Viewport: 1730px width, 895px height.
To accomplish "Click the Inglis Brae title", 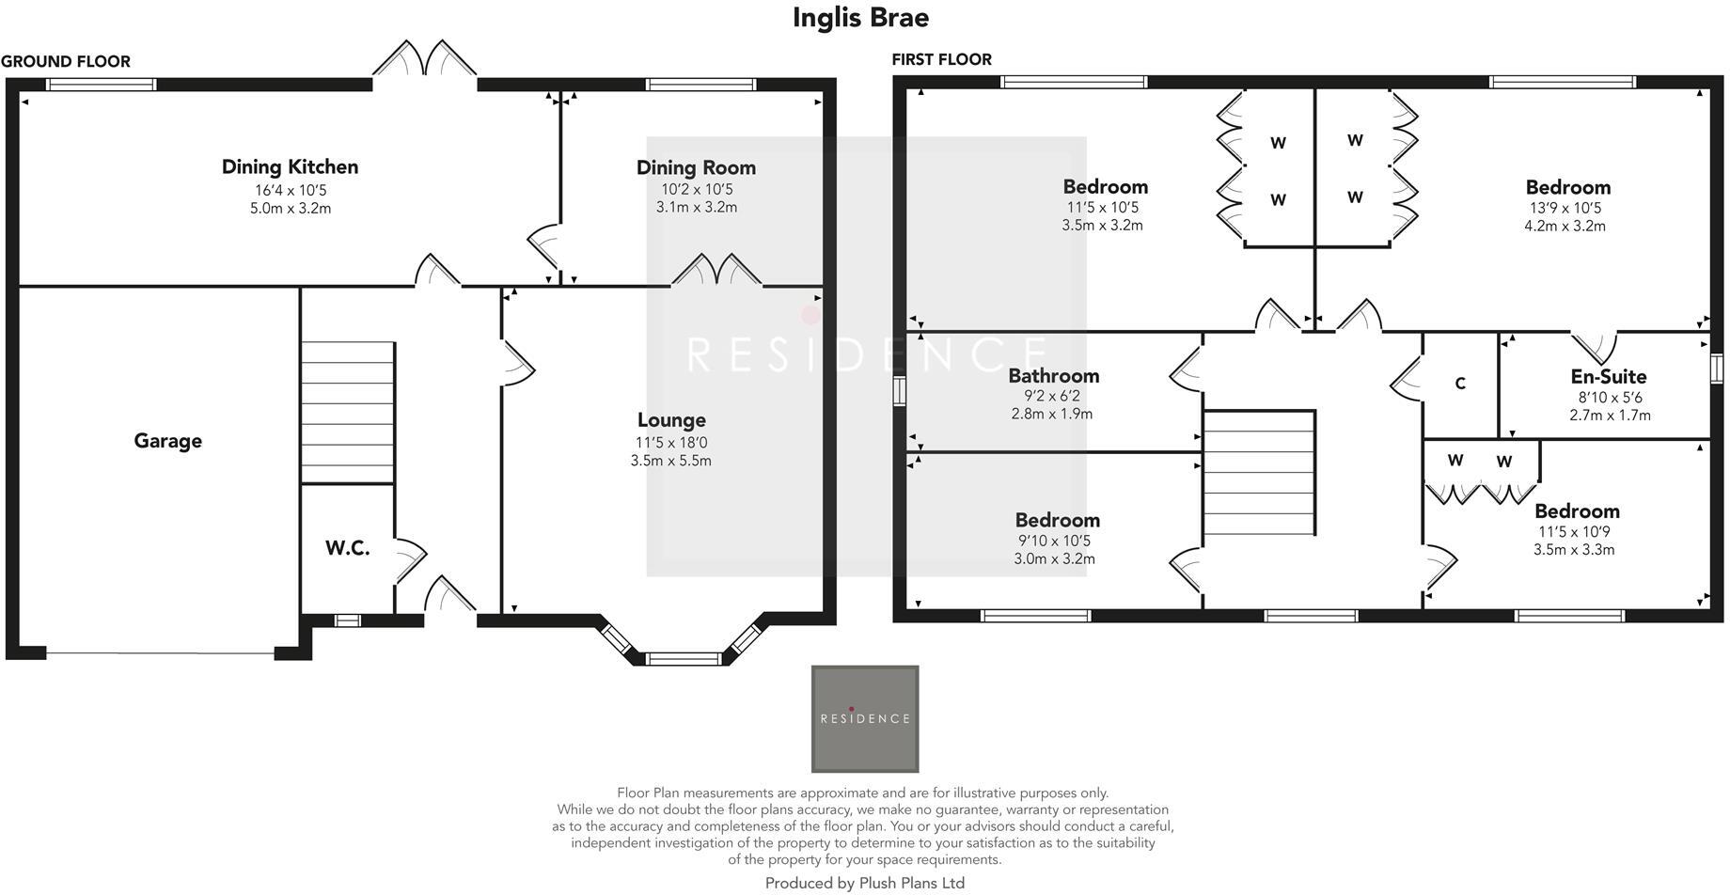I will point(860,18).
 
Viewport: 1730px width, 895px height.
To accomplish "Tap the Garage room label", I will point(167,441).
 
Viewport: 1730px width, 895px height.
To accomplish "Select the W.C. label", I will point(347,548).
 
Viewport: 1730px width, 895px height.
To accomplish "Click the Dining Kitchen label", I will point(290,167).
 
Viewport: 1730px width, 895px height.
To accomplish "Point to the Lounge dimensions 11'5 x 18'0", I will point(670,443).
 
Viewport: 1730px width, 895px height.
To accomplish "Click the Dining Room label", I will point(696,168).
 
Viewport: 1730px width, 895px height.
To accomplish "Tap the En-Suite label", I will point(1609,377).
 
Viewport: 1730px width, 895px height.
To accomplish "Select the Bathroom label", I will point(1053,376).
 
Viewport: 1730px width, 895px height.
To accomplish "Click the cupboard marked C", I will point(1459,384).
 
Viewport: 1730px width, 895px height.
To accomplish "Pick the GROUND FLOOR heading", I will point(66,62).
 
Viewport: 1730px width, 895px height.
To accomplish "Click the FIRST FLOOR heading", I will point(941,60).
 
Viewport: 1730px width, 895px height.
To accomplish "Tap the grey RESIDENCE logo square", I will point(864,719).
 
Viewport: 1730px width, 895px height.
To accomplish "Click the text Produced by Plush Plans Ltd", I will point(864,883).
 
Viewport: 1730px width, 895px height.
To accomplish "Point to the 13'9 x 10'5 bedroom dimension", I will point(1565,209).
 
